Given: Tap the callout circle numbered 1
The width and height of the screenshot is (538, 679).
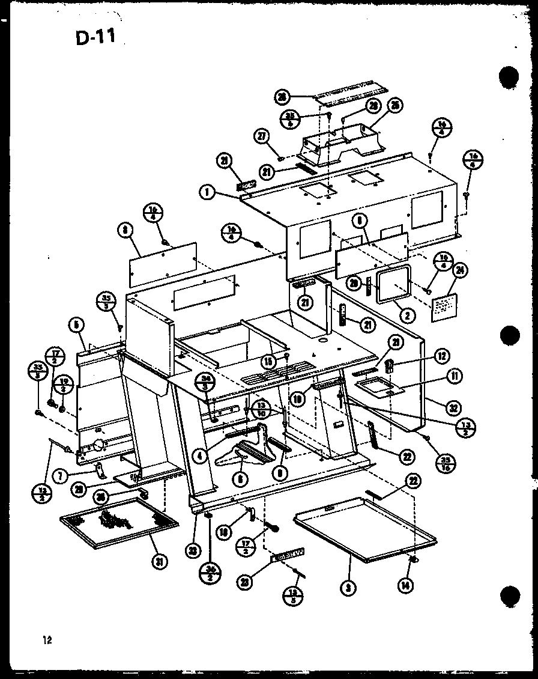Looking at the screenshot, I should coord(206,192).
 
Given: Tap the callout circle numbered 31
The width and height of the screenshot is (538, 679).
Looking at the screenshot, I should coord(160,561).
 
